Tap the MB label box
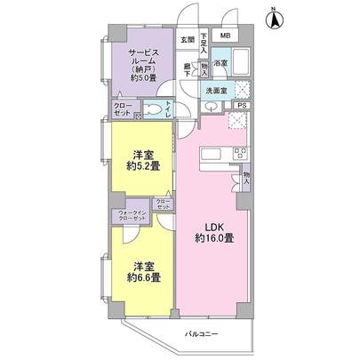click(225, 36)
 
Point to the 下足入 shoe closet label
click(204, 43)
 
